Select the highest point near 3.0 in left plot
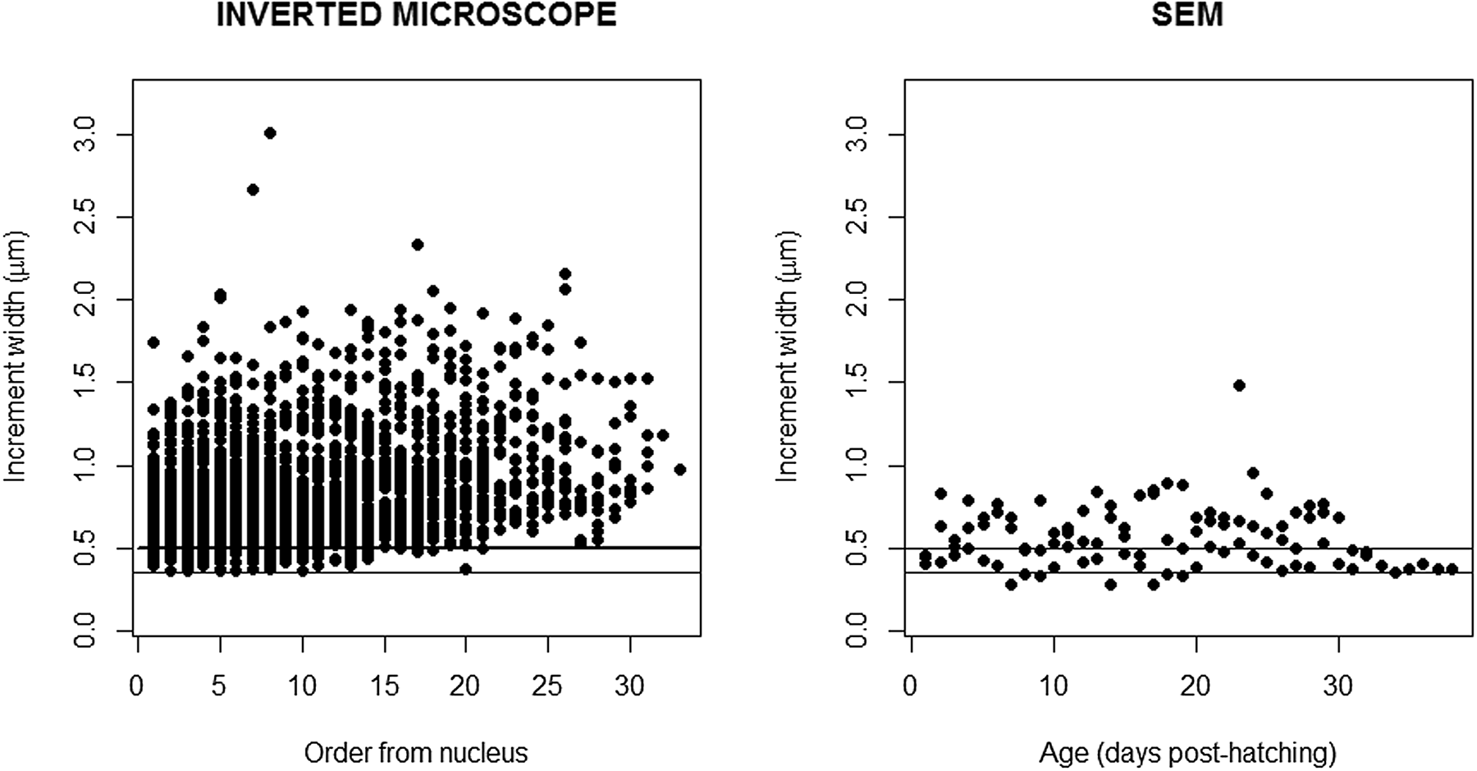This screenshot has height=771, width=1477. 270,133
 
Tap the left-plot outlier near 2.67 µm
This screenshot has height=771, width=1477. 253,190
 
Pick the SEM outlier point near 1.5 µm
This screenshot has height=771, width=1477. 1239,385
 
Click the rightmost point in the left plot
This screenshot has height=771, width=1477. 679,470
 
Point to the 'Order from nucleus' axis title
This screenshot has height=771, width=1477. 416,752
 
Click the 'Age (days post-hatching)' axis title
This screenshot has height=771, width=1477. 1187,752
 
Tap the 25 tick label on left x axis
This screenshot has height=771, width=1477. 548,686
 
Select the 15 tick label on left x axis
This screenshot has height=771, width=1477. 384,686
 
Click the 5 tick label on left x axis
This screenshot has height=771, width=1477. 220,686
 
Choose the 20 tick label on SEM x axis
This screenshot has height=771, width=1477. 1196,686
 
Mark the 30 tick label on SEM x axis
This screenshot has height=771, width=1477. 1338,686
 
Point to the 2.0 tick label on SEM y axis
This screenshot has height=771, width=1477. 857,300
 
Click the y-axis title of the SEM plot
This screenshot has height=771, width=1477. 789,355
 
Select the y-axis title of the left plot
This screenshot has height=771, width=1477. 17,355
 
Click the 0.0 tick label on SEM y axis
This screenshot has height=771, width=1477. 857,631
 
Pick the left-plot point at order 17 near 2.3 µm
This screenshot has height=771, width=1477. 417,245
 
